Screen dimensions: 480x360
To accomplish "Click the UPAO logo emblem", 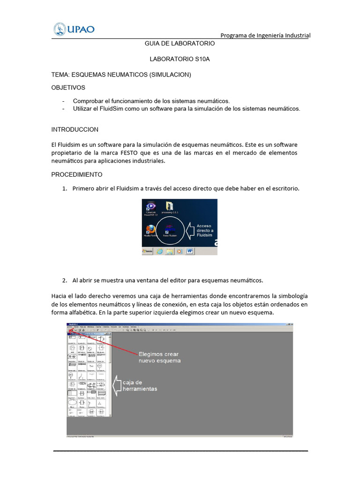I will click(60, 29).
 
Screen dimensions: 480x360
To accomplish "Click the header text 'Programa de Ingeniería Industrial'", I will click(265, 36).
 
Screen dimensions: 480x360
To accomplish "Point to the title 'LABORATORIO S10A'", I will click(180, 60).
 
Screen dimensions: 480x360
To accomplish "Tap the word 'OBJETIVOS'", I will click(68, 88).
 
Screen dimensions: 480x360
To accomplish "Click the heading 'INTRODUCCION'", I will click(75, 129).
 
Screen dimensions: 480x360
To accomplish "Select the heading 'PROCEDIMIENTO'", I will click(76, 175).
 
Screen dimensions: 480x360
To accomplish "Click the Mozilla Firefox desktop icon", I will click(150, 231).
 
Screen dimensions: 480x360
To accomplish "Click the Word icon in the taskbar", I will click(190, 251).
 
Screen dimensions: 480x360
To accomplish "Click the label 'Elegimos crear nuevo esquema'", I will click(158, 357).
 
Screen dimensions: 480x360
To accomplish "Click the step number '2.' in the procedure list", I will click(65, 280).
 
